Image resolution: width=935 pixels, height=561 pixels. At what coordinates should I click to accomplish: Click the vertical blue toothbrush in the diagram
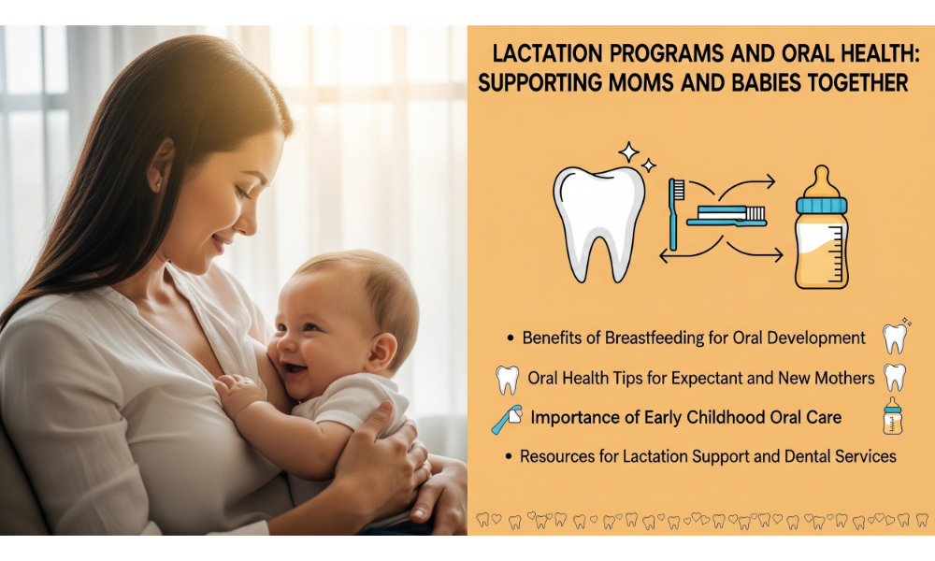675,214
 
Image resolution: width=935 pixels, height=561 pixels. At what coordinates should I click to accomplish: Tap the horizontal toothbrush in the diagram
726,216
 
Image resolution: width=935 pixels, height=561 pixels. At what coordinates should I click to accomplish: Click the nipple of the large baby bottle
822,180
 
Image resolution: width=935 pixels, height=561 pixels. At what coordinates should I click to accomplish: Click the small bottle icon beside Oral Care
893,415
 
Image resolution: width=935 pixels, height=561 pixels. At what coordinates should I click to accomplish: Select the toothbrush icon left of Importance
507,419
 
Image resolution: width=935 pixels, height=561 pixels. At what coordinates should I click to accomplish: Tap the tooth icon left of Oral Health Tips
508,380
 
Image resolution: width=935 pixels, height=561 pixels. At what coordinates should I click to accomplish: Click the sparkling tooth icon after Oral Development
896,337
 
